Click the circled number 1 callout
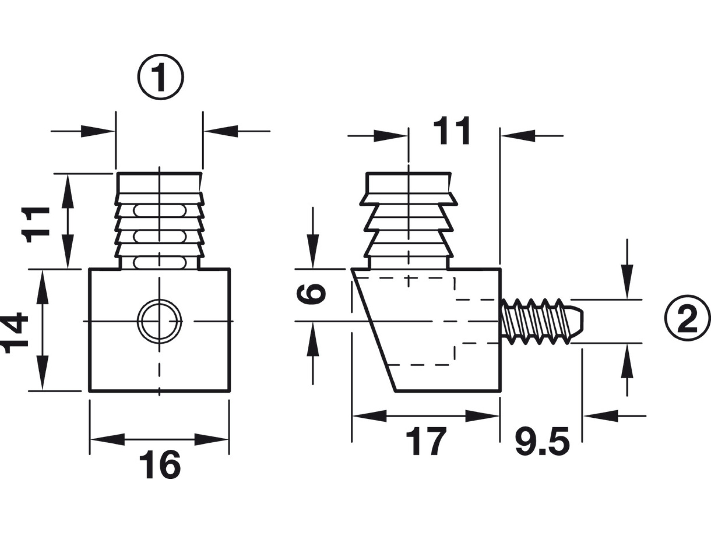(160, 77)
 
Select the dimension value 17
(426, 441)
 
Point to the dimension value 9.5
(542, 441)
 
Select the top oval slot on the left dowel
(160, 210)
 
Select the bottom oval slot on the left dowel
(160, 263)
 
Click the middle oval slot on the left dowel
(160, 236)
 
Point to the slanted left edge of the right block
(374, 330)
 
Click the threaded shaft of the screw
(535, 321)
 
